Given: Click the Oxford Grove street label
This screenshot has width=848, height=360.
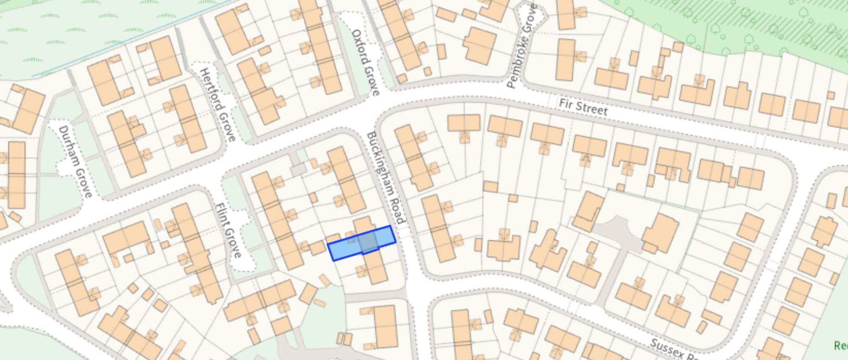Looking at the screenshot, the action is tap(365, 62).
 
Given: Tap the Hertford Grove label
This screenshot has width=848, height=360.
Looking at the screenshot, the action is tap(218, 104).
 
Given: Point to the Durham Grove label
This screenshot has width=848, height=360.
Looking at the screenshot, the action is tap(75, 161).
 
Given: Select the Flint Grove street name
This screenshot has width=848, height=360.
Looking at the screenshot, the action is tap(229, 230).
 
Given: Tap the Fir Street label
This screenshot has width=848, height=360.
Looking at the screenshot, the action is tap(583, 107).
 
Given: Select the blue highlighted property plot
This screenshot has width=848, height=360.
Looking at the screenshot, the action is tap(362, 243).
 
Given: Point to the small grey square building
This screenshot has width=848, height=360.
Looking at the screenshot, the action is tap(298, 170).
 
